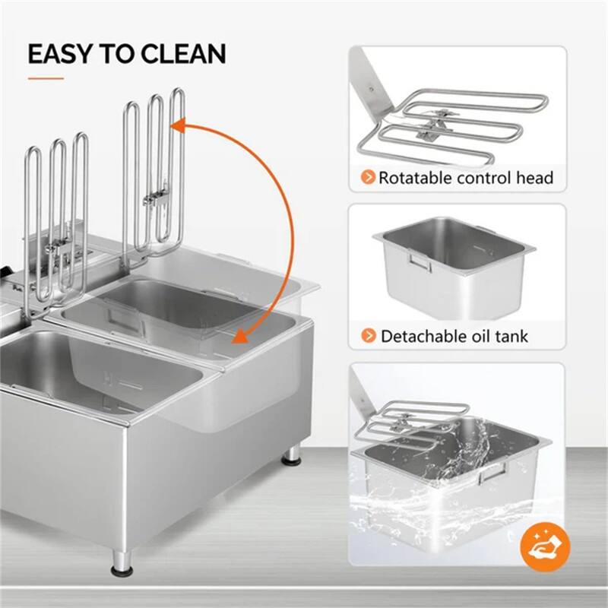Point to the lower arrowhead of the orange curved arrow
coord(241,337)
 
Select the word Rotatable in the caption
coord(416,179)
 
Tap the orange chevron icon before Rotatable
coord(368,179)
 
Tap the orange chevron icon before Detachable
coord(368,335)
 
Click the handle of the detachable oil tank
coord(418,262)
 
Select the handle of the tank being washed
coord(492,473)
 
